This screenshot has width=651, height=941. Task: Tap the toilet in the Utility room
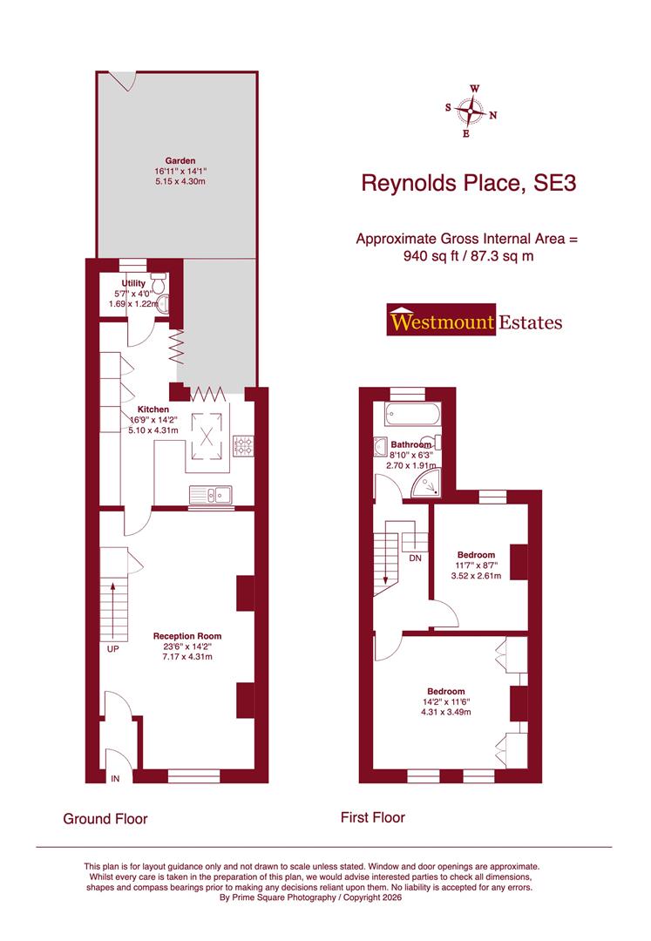click(159, 285)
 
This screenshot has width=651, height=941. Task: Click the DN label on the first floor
click(415, 559)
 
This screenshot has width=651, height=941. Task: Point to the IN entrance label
click(115, 777)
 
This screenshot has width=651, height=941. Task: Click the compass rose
click(471, 112)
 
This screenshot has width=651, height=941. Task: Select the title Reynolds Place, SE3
click(468, 184)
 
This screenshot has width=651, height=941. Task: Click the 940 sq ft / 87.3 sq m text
click(467, 256)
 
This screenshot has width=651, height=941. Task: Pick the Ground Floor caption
click(105, 819)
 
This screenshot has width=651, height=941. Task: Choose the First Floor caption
click(372, 817)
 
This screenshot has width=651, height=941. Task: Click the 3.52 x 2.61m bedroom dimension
click(476, 576)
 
